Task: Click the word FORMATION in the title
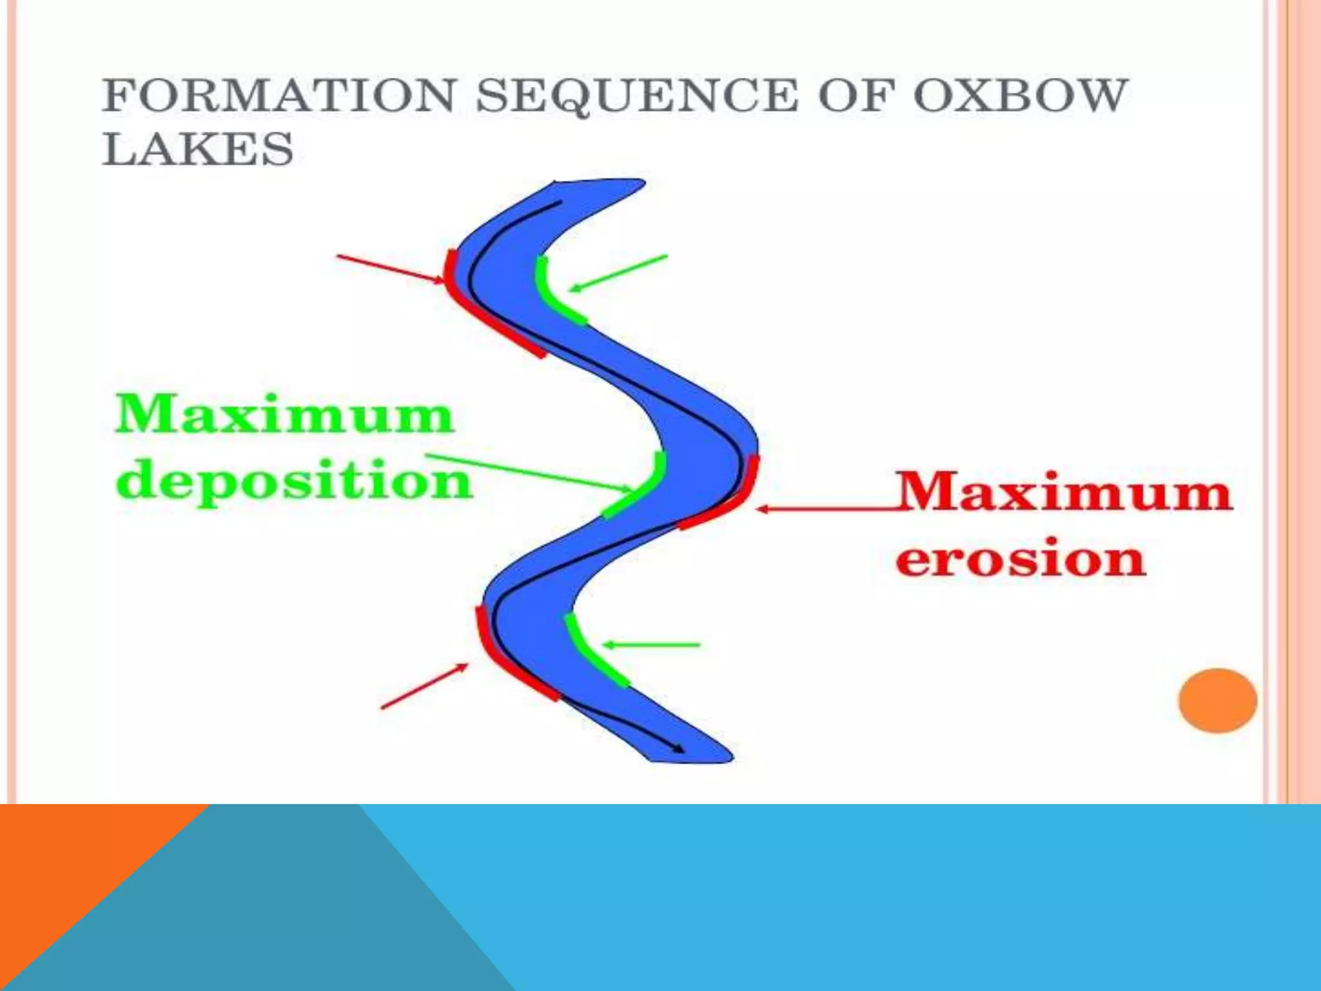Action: pos(280,95)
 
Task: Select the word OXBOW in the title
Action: pos(1020,95)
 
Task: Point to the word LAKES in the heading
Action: pos(198,149)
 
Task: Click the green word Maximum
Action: pos(284,415)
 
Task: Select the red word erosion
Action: pos(1020,559)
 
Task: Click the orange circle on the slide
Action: pos(1217,700)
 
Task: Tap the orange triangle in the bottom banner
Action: pos(71,865)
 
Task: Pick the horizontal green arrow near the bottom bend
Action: pos(651,645)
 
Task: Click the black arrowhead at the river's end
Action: pos(679,749)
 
